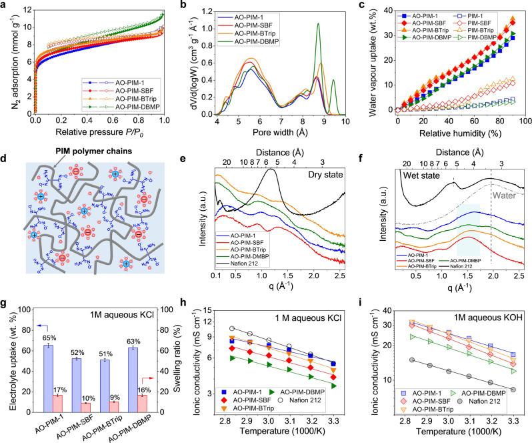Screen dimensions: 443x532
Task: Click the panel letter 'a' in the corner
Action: pos(5,5)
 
